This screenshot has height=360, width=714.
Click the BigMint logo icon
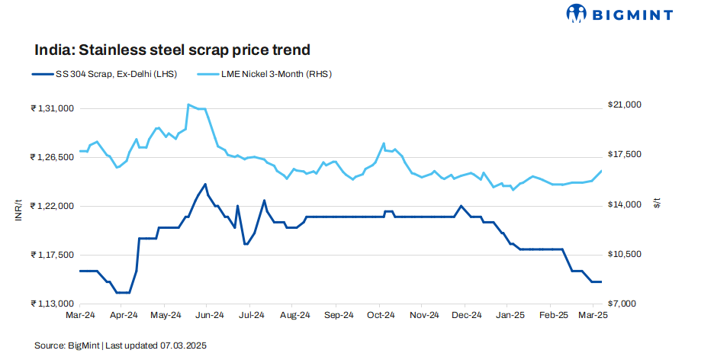click(x=577, y=13)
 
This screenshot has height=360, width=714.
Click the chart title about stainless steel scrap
click(x=172, y=50)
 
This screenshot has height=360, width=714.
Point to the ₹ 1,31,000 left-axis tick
click(x=52, y=109)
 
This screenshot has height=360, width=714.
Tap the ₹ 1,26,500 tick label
click(x=52, y=158)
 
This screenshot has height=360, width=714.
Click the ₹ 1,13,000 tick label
click(x=52, y=304)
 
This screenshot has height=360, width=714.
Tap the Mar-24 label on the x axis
click(x=80, y=314)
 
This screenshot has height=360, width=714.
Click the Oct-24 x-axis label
click(x=381, y=314)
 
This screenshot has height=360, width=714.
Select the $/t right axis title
click(x=658, y=201)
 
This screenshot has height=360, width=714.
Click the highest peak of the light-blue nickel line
click(x=188, y=104)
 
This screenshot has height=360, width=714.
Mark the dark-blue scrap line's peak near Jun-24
click(x=204, y=185)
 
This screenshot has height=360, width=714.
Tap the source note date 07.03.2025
click(x=183, y=346)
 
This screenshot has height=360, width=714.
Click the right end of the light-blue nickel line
click(x=602, y=171)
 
